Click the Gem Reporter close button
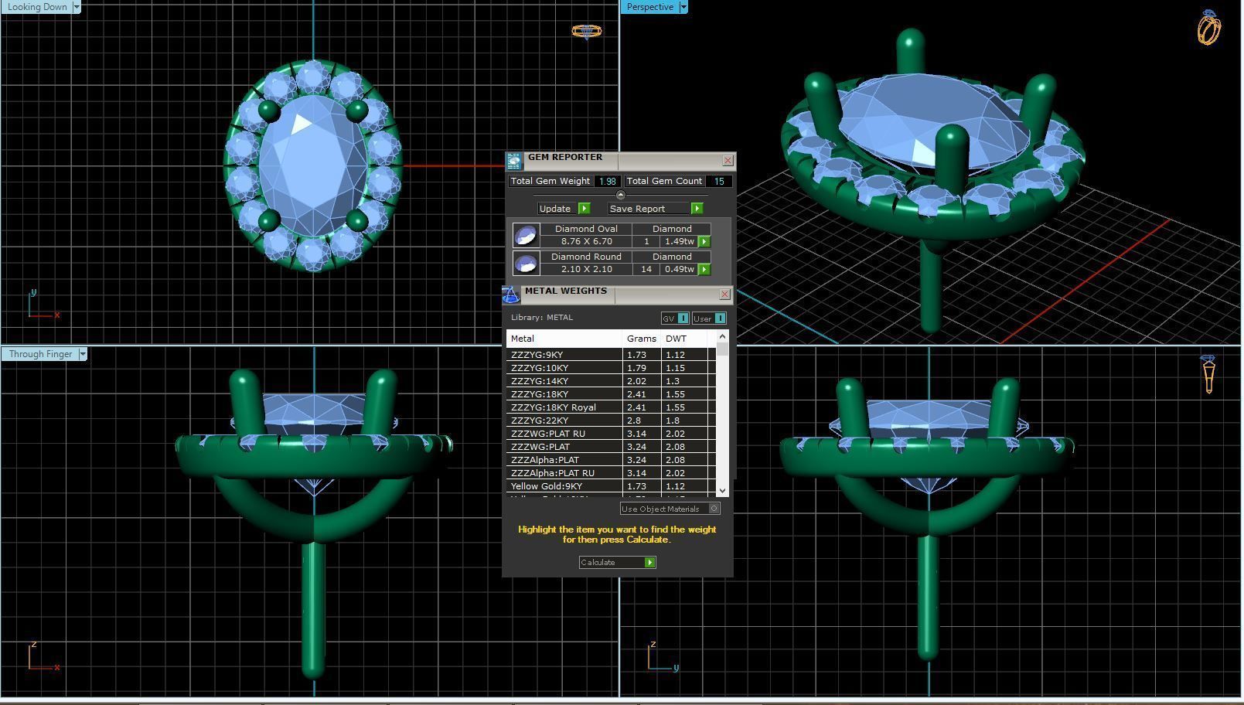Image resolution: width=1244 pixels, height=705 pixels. click(x=728, y=161)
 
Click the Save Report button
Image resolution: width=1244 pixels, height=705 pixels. click(x=655, y=209)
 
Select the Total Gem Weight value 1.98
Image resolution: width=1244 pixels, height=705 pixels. click(x=607, y=182)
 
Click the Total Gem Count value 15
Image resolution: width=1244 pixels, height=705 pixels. click(x=718, y=182)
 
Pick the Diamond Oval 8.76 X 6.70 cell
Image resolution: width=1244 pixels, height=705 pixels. click(x=586, y=241)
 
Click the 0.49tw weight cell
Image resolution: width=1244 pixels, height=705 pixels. click(x=679, y=269)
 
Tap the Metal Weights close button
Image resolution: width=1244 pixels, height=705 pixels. click(x=724, y=295)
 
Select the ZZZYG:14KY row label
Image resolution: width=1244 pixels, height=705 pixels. click(x=540, y=381)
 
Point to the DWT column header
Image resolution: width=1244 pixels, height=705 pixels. click(x=676, y=339)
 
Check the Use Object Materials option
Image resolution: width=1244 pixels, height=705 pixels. click(x=714, y=509)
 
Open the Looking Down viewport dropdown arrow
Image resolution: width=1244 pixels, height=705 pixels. click(x=76, y=7)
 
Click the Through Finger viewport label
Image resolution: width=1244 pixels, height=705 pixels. click(x=40, y=354)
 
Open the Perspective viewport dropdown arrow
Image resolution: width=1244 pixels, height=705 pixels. click(x=683, y=7)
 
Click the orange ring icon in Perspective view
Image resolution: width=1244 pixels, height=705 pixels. click(x=1208, y=29)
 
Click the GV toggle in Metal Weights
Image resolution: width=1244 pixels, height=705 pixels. click(x=674, y=318)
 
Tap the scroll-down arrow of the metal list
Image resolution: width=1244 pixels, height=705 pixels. click(x=722, y=490)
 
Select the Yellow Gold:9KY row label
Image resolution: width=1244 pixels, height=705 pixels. click(x=547, y=486)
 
